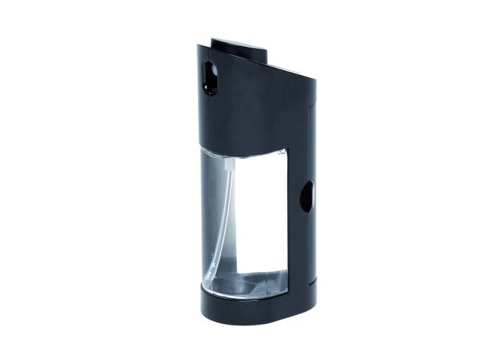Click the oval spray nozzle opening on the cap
tap(210, 77)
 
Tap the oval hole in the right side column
tap(307, 196)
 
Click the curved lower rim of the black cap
tap(245, 153)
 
